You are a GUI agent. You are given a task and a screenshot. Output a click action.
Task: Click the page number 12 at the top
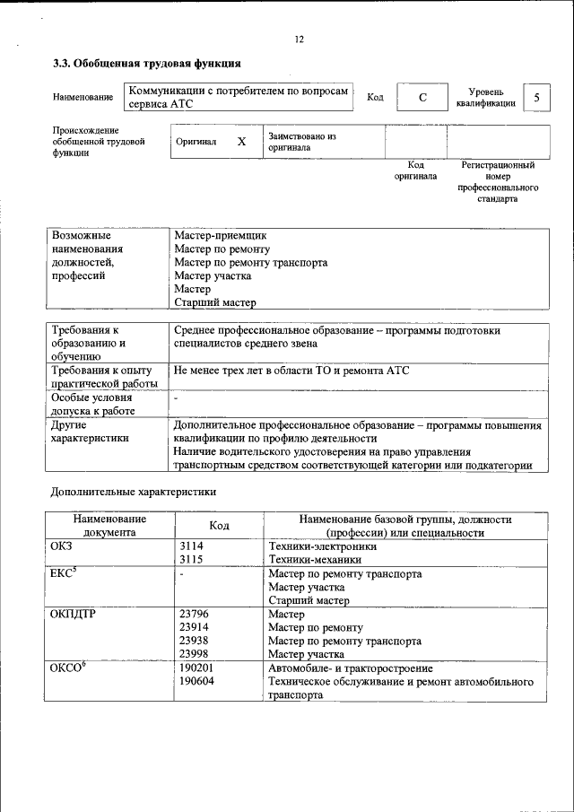click(300, 39)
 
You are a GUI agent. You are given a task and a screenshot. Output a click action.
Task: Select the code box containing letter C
click(422, 97)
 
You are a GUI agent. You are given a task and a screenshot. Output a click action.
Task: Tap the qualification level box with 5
click(536, 97)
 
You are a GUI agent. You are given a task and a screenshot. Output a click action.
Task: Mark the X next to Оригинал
click(241, 142)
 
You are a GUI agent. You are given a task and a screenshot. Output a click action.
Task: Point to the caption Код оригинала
click(415, 170)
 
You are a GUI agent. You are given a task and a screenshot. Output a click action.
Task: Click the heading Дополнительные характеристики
click(133, 491)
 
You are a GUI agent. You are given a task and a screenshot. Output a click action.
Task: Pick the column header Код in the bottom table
click(220, 525)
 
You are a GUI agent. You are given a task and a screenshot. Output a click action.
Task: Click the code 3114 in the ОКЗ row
click(191, 546)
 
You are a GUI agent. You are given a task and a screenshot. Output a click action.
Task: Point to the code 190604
click(196, 682)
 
